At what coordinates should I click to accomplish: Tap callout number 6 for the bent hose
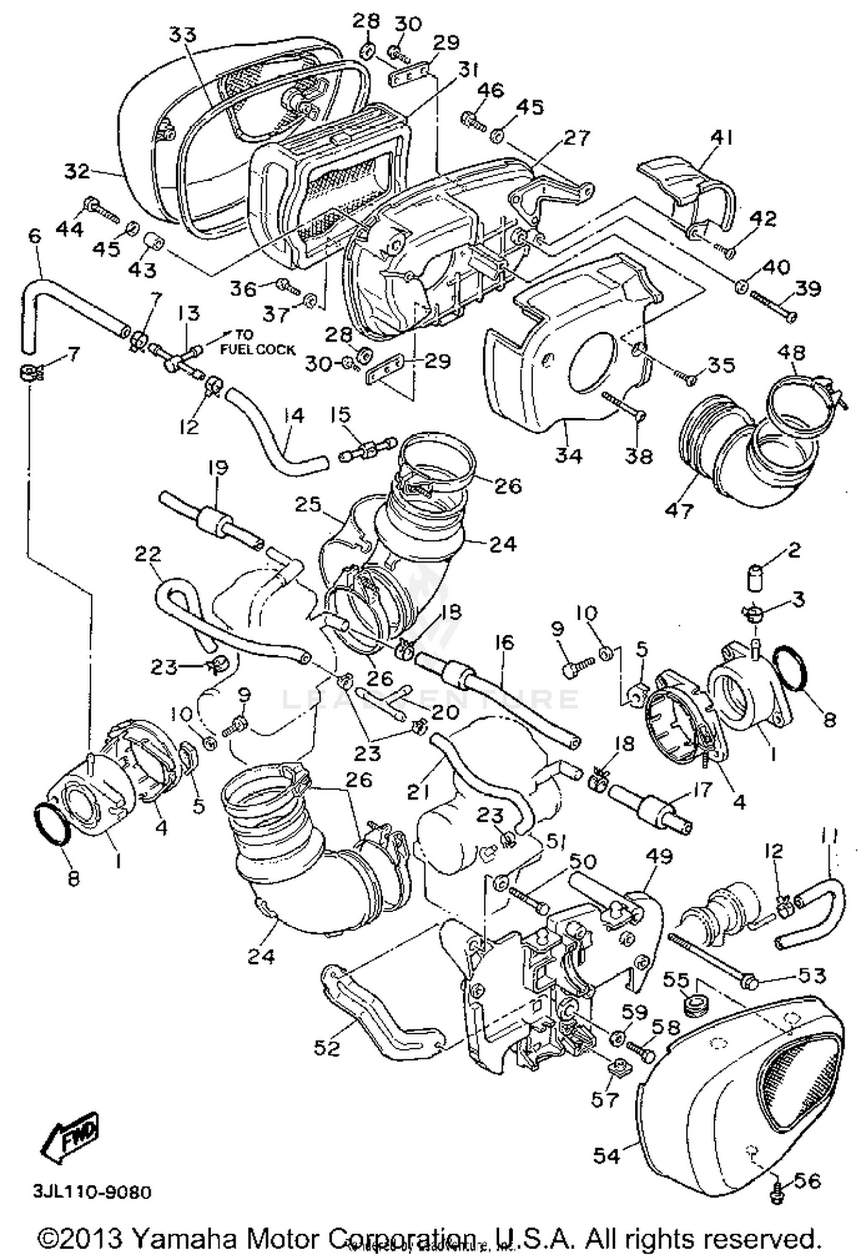click(36, 236)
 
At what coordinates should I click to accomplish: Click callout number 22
click(148, 554)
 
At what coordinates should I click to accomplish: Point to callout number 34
click(568, 455)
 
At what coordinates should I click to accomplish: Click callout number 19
click(217, 467)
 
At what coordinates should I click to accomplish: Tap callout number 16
click(505, 643)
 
